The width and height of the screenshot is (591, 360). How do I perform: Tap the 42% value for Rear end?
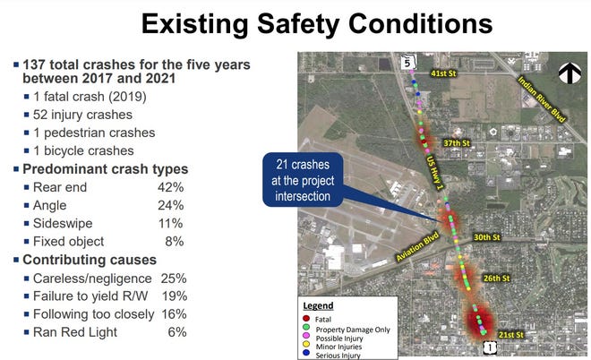pyautogui.click(x=171, y=187)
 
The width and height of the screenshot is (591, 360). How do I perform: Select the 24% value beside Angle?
pyautogui.click(x=171, y=205)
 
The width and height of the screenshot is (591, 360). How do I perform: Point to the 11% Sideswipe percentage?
pyautogui.click(x=171, y=224)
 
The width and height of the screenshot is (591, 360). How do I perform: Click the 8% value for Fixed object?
pyautogui.click(x=175, y=241)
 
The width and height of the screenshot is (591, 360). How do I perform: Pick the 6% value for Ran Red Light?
pyautogui.click(x=177, y=332)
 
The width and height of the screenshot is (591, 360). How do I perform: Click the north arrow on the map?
pyautogui.click(x=570, y=73)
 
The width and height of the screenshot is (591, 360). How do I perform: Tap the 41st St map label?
pyautogui.click(x=443, y=73)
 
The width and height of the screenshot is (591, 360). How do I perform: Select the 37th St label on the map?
pyautogui.click(x=457, y=143)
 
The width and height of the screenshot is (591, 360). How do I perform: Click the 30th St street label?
pyautogui.click(x=487, y=237)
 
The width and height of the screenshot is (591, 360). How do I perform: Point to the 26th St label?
pyautogui.click(x=496, y=279)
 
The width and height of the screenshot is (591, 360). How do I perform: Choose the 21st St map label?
pyautogui.click(x=510, y=335)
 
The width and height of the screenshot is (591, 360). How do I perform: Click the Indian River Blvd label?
pyautogui.click(x=541, y=99)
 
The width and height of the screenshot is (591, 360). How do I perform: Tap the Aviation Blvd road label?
pyautogui.click(x=417, y=247)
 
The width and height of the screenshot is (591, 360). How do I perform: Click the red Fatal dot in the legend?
pyautogui.click(x=306, y=319)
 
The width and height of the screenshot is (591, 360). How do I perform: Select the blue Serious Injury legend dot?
pyautogui.click(x=306, y=353)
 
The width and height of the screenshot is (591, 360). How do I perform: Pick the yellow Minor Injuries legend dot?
pyautogui.click(x=306, y=344)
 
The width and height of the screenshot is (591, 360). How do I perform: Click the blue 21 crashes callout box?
pyautogui.click(x=303, y=180)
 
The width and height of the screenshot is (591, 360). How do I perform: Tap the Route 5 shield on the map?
pyautogui.click(x=407, y=62)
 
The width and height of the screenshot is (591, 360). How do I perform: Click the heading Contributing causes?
pyautogui.click(x=90, y=260)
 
